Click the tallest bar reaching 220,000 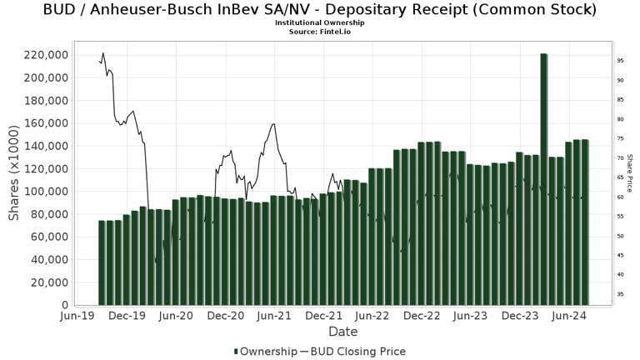pyautogui.click(x=543, y=179)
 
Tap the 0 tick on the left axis pyautogui.click(x=63, y=305)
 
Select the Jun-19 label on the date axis pyautogui.click(x=77, y=317)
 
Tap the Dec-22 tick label pyautogui.click(x=422, y=317)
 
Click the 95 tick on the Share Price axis pyautogui.click(x=621, y=61)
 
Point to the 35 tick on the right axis pyautogui.click(x=621, y=294)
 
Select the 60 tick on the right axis pyautogui.click(x=621, y=197)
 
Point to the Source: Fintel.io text pyautogui.click(x=320, y=31)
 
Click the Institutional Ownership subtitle pyautogui.click(x=320, y=22)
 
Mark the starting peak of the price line pyautogui.click(x=102, y=53)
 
